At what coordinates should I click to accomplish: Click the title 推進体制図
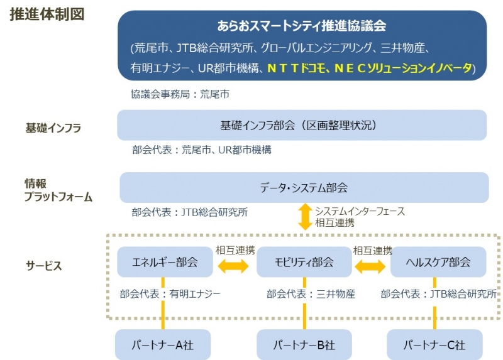pyautogui.click(x=47, y=14)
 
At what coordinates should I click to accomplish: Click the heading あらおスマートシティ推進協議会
pyautogui.click(x=302, y=26)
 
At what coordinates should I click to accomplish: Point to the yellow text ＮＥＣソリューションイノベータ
pyautogui.click(x=403, y=68)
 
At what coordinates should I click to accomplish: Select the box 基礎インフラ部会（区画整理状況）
pyautogui.click(x=302, y=125)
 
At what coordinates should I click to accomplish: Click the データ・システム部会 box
pyautogui.click(x=304, y=187)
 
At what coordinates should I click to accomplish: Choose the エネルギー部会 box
pyautogui.click(x=165, y=262)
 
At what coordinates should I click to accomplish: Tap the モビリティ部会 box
pyautogui.click(x=304, y=262)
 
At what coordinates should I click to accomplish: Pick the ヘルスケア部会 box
pyautogui.click(x=438, y=262)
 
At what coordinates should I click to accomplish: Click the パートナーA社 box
pyautogui.click(x=163, y=345)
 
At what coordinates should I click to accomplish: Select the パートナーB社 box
pyautogui.click(x=304, y=345)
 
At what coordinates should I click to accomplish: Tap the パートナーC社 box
pyautogui.click(x=434, y=345)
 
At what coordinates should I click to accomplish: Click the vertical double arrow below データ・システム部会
pyautogui.click(x=305, y=217)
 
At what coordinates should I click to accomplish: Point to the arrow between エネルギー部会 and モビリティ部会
pyautogui.click(x=233, y=266)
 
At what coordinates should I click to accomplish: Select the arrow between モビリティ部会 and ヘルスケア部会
pyautogui.click(x=370, y=266)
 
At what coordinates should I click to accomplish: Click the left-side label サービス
pyautogui.click(x=43, y=266)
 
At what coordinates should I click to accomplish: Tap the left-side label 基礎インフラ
pyautogui.click(x=53, y=128)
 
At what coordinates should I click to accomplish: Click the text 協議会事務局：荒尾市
pyautogui.click(x=180, y=94)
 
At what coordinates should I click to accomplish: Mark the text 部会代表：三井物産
pyautogui.click(x=311, y=293)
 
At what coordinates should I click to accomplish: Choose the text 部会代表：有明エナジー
pyautogui.click(x=170, y=293)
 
